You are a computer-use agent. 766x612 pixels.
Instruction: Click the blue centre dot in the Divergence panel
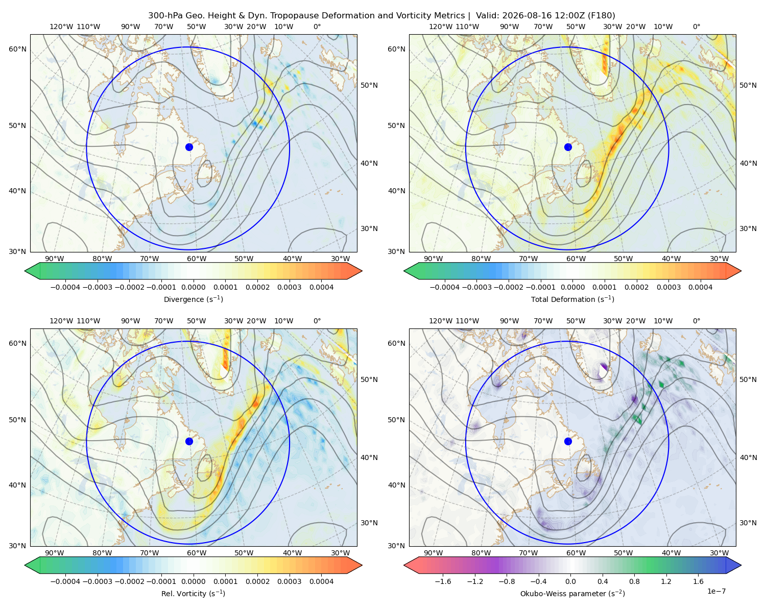click(189, 147)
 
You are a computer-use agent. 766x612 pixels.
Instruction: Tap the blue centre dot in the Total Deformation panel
click(568, 147)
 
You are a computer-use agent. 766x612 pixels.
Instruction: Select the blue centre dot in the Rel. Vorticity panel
click(189, 441)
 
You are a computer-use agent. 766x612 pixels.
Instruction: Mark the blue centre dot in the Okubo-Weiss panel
click(568, 441)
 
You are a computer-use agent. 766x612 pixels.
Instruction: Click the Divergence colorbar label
click(193, 299)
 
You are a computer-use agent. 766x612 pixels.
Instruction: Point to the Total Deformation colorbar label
click(572, 299)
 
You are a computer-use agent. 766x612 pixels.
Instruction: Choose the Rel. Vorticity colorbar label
click(193, 593)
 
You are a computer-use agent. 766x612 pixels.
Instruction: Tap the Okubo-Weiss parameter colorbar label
click(572, 593)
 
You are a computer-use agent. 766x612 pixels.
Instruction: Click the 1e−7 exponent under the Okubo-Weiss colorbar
click(716, 591)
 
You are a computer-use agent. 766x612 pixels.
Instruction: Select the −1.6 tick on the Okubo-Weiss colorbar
click(443, 581)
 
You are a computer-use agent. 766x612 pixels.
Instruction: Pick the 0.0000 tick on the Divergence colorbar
click(193, 287)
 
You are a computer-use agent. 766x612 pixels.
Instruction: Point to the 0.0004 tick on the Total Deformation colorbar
click(700, 287)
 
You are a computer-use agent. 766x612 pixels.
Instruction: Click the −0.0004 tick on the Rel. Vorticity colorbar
click(65, 581)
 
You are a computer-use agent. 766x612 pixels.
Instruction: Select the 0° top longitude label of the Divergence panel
click(317, 27)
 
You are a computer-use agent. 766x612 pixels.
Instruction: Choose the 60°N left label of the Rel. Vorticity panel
click(17, 343)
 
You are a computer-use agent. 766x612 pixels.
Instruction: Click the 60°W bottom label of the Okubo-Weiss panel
click(576, 553)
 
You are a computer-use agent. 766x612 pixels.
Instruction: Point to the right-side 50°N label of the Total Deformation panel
click(748, 85)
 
